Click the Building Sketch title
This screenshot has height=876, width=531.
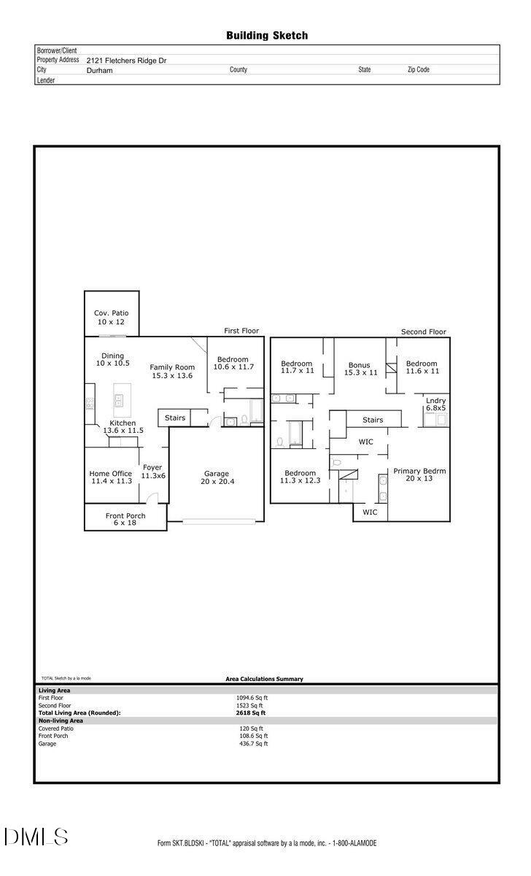click(267, 36)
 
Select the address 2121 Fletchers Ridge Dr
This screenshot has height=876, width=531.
click(126, 61)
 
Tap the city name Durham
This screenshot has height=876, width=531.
click(99, 70)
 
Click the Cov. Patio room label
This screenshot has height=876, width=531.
click(111, 317)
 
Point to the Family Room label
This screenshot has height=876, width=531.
click(172, 371)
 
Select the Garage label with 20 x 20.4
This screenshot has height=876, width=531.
click(217, 477)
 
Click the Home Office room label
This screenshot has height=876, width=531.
click(111, 477)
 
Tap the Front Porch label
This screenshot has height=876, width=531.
click(125, 519)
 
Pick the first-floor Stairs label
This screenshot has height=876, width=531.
click(174, 418)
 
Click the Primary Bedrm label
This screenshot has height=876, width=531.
click(419, 474)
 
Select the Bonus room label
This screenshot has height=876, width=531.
click(360, 369)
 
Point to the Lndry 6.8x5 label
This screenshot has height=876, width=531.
click(435, 404)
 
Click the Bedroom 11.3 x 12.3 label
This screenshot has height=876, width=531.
click(300, 477)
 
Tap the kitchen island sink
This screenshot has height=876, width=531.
click(118, 401)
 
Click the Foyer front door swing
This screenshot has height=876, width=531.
click(152, 498)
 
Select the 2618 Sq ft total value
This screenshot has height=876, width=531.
click(250, 713)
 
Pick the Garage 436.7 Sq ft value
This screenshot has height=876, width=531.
click(254, 743)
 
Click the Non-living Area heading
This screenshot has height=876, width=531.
click(61, 721)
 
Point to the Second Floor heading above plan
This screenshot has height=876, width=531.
click(423, 331)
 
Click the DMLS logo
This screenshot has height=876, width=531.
click(36, 837)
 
